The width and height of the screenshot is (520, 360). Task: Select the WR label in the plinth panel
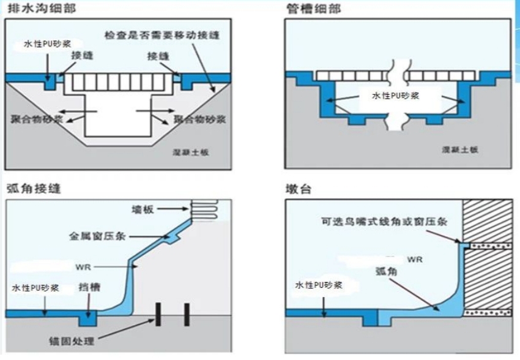pyautogui.click(x=415, y=259)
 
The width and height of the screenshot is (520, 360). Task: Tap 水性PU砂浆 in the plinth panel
pyautogui.click(x=318, y=286)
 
